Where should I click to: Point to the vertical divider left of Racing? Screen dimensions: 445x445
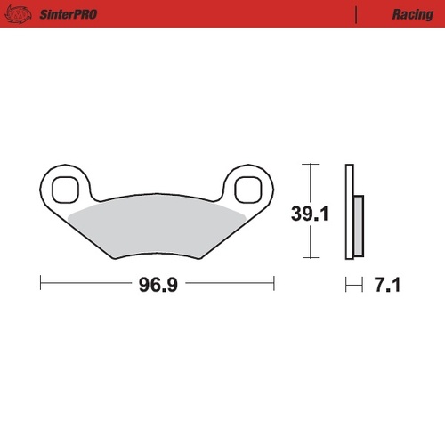[x=356, y=14]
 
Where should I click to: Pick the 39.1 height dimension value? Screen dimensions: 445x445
[x=309, y=214]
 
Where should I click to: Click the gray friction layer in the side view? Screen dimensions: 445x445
[x=358, y=223]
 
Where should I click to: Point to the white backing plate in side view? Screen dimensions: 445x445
[x=349, y=214]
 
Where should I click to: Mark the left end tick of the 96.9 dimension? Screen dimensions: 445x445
[x=42, y=285]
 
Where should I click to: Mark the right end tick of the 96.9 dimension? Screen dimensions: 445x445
[x=273, y=285]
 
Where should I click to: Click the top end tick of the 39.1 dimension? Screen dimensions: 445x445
[x=308, y=165]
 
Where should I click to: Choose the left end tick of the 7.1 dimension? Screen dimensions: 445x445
[x=346, y=285]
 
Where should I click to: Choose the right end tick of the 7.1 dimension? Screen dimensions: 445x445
[x=362, y=285]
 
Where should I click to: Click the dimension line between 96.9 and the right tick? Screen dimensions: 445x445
[x=227, y=285]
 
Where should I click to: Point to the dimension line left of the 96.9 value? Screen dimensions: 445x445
[x=85, y=285]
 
